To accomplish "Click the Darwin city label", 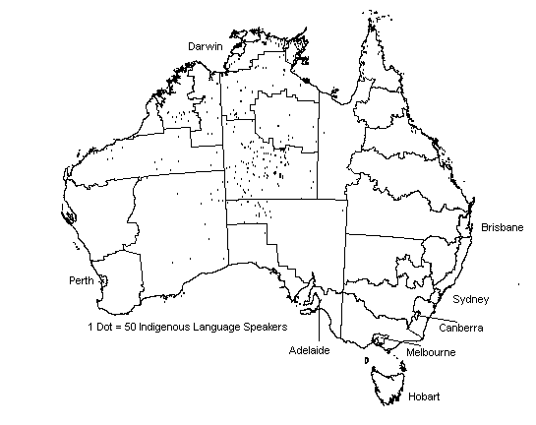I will [x=206, y=46].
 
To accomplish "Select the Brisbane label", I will [x=502, y=227].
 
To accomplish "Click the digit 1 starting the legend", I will [x=89, y=326].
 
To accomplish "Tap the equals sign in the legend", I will [x=122, y=326].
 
